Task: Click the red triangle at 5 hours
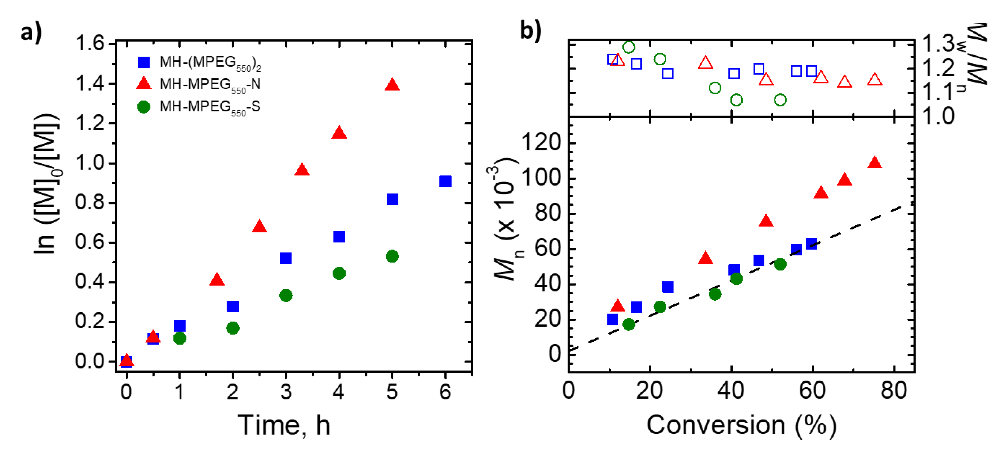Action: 392,84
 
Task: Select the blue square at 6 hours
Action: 445,181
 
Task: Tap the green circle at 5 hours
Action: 392,256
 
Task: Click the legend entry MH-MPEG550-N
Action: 210,84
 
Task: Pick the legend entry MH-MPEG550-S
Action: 210,107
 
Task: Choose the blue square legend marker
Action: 144,62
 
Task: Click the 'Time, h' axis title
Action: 284,425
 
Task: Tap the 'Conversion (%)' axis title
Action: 741,425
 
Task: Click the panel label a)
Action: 31,32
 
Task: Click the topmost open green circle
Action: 629,47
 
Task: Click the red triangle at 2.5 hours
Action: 259,227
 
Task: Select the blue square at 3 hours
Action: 286,258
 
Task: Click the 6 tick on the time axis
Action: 445,391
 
